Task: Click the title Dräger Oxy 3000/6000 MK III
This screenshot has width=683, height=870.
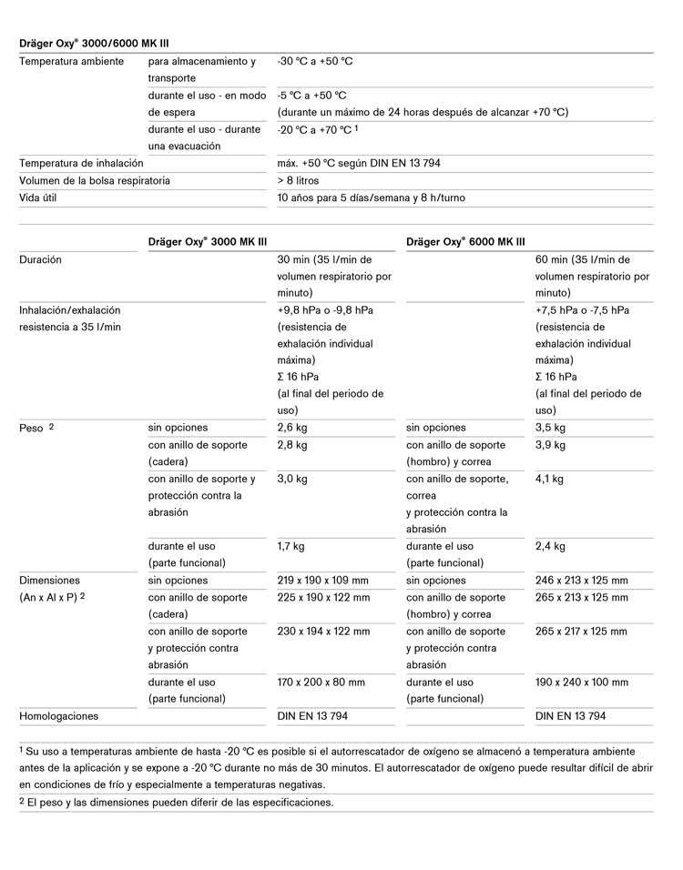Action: [x=94, y=43]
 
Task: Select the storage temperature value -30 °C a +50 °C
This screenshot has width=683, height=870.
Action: [x=314, y=61]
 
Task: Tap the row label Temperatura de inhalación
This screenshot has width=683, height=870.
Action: [x=81, y=163]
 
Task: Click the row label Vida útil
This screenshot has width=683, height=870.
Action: [x=37, y=197]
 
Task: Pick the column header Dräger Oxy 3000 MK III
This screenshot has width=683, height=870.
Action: [x=207, y=241]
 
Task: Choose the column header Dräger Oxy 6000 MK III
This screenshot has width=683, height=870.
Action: [x=465, y=241]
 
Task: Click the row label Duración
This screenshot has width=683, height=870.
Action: [x=40, y=259]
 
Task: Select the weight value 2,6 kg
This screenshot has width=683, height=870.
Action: [x=292, y=427]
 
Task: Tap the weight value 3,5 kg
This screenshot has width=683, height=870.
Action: [x=550, y=427]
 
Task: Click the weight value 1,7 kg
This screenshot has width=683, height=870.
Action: [x=291, y=546]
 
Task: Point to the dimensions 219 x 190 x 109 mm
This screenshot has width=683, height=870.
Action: [x=322, y=580]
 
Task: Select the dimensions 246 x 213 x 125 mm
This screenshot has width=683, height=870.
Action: [x=581, y=580]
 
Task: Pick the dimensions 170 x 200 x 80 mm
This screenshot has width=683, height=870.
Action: [x=321, y=682]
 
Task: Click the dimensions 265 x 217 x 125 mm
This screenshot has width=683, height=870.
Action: [x=581, y=631]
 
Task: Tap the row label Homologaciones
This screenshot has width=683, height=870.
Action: [x=58, y=716]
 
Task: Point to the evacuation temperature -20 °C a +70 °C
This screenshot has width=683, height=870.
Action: [x=313, y=129]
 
